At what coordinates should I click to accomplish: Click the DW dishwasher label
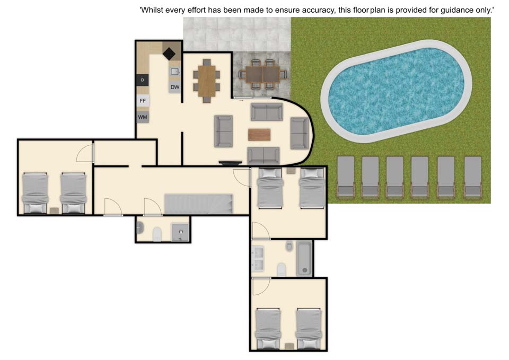tap(174, 87)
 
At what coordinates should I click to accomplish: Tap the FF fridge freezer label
tap(143, 101)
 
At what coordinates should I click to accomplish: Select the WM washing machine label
tap(143, 117)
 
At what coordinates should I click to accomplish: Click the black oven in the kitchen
tap(143, 80)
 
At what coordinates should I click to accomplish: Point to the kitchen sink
tap(174, 72)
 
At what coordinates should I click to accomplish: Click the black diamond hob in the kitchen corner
tap(169, 54)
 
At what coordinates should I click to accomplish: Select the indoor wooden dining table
tap(206, 81)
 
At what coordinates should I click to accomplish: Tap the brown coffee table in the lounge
tap(259, 134)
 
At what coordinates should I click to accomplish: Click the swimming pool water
tap(396, 91)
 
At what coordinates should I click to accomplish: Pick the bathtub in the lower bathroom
tap(304, 258)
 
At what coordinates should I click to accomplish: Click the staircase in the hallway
tap(199, 204)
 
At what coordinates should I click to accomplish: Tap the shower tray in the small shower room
tap(180, 232)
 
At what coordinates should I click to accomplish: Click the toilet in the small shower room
tap(157, 234)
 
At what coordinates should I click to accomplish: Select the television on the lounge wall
tap(230, 163)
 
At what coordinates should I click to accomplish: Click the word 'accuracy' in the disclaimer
tap(319, 10)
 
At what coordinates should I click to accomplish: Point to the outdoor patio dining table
tap(262, 74)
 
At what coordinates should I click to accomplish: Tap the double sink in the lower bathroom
tap(259, 258)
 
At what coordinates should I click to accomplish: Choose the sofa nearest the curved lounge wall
tap(299, 133)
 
